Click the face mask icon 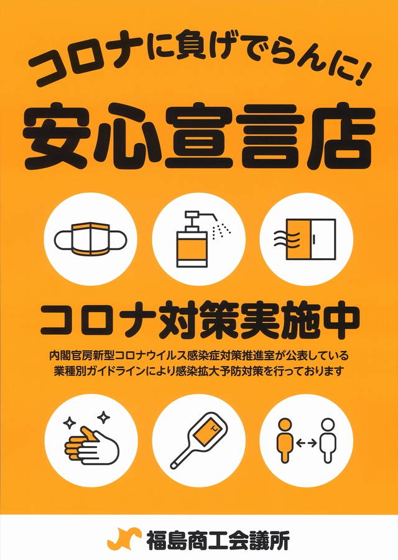click(x=90, y=239)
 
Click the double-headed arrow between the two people click(x=306, y=443)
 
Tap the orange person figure click(x=285, y=441)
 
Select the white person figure click(x=328, y=441)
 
